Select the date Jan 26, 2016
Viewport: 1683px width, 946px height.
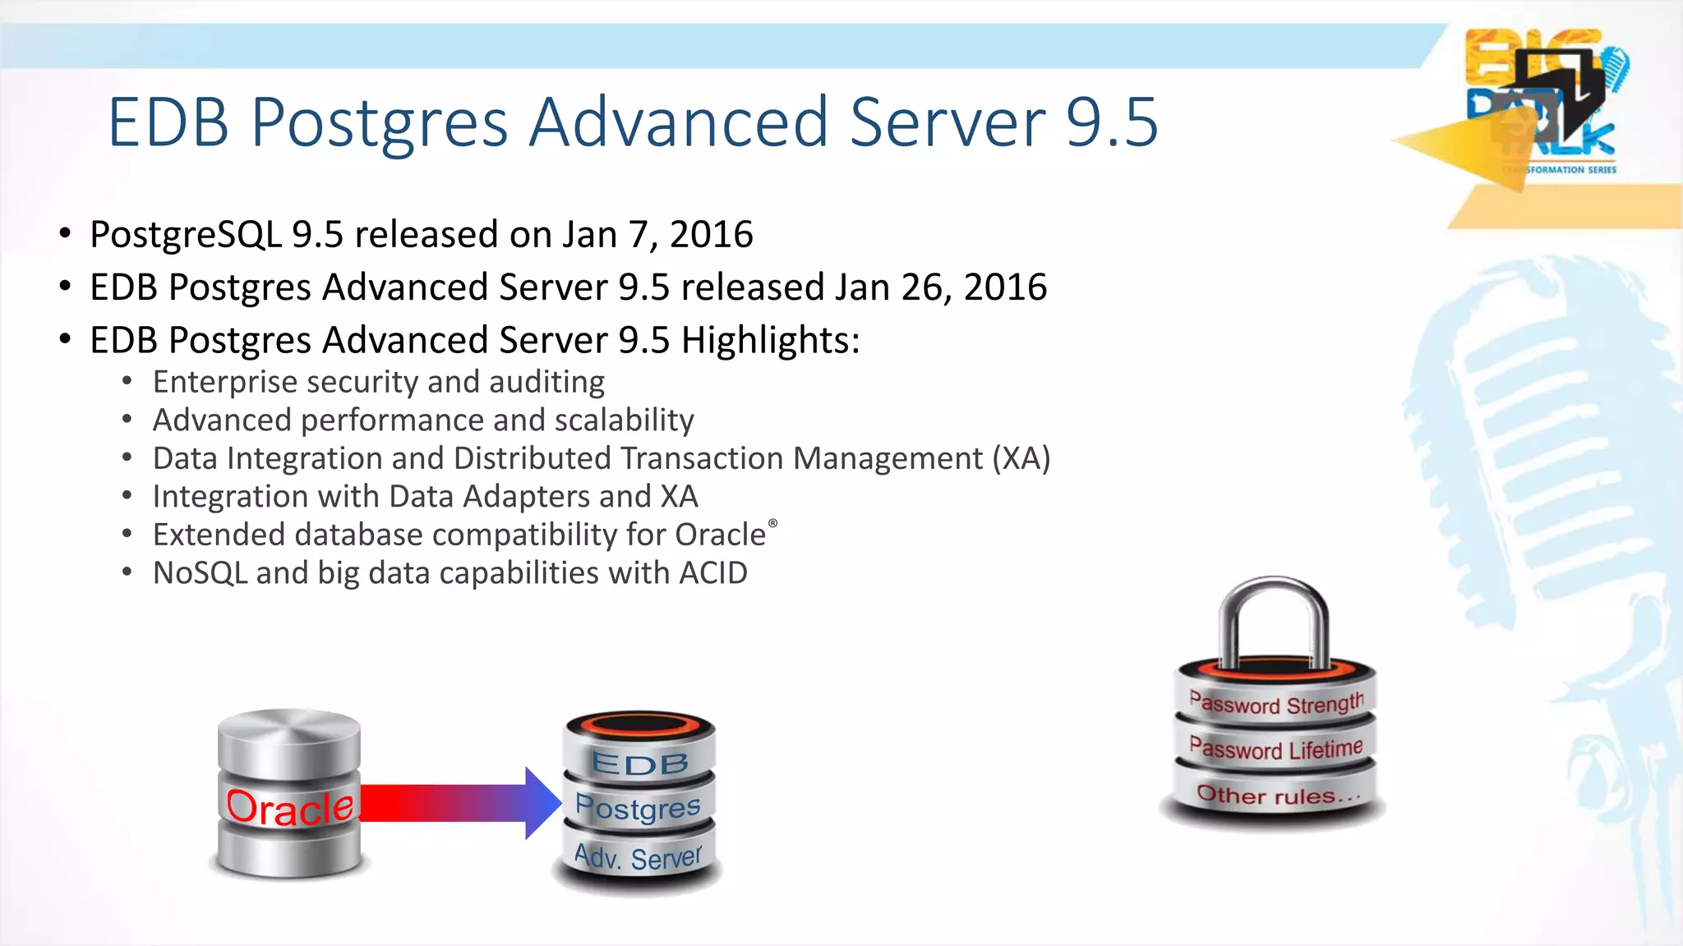coord(941,287)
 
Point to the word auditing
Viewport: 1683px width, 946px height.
coord(546,383)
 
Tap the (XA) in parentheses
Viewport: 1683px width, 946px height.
coord(1021,458)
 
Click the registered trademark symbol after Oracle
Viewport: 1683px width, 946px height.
coord(772,523)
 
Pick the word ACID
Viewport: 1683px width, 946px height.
coord(712,573)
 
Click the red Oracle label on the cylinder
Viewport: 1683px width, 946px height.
coord(289,807)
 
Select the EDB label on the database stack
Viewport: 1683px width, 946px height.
coord(639,764)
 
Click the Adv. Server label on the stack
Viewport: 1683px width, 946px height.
coord(638,857)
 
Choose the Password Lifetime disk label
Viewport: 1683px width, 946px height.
coord(1275,749)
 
